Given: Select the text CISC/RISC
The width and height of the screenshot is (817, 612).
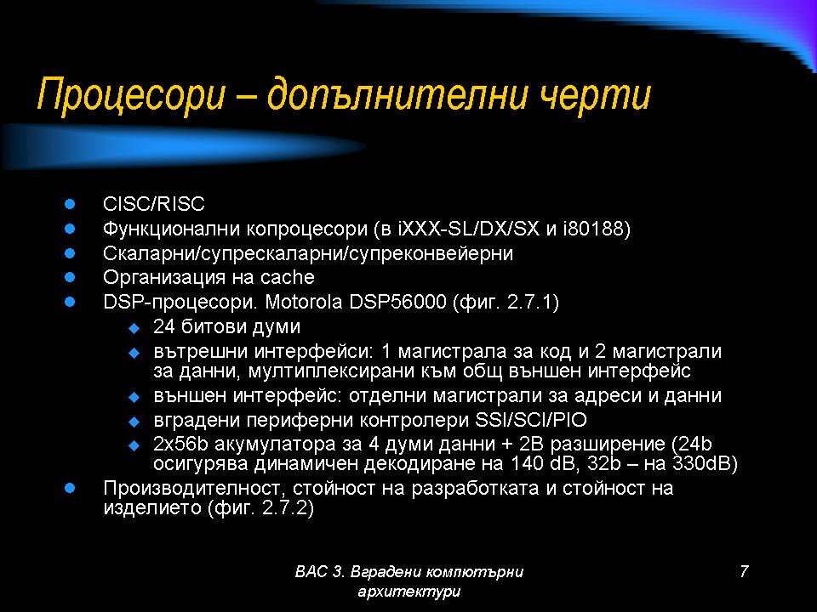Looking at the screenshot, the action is (154, 203).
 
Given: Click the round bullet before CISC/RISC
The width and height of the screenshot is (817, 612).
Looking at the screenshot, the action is (70, 203).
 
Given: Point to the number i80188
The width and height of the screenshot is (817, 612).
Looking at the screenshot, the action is (597, 229).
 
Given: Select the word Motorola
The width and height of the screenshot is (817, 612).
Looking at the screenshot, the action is (303, 302).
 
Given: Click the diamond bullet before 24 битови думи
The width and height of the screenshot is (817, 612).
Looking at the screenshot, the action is (134, 328).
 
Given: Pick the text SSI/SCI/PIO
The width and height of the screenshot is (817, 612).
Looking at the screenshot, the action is (531, 419).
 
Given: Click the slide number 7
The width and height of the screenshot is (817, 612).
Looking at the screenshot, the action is (744, 571).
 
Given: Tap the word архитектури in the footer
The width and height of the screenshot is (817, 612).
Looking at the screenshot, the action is (409, 592).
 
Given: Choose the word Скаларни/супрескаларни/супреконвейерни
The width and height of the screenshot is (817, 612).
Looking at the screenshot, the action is (308, 253).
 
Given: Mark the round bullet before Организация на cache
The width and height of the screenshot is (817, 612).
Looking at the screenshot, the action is (70, 277).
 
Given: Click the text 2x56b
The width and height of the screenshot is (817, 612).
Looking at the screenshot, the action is (180, 444).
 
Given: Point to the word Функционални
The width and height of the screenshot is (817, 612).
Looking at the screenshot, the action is (171, 229).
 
